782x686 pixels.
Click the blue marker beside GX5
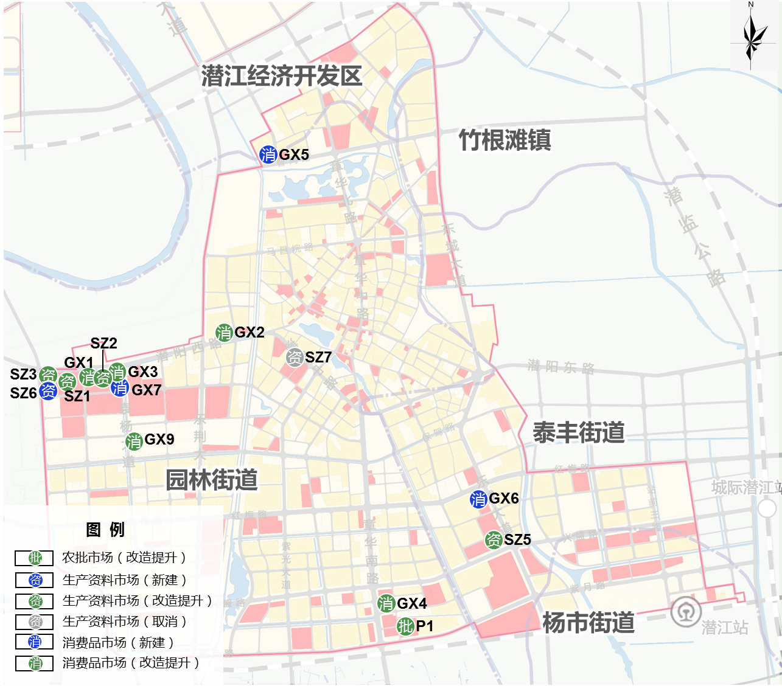[268, 154]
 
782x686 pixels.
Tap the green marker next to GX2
[224, 333]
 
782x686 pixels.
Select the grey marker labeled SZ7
[295, 358]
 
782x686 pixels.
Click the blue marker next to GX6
[478, 499]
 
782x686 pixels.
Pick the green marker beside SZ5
[494, 539]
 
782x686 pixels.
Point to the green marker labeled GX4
[386, 603]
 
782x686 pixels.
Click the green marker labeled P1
[405, 626]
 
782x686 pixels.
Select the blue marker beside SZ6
[48, 391]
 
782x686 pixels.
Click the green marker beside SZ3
[48, 375]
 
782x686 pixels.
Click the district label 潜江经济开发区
[282, 76]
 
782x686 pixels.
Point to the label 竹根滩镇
[504, 140]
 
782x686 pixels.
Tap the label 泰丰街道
[579, 432]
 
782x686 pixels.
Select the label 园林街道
[212, 480]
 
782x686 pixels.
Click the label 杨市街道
[588, 622]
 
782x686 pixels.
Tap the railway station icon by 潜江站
[686, 612]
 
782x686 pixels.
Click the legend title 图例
[105, 529]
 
